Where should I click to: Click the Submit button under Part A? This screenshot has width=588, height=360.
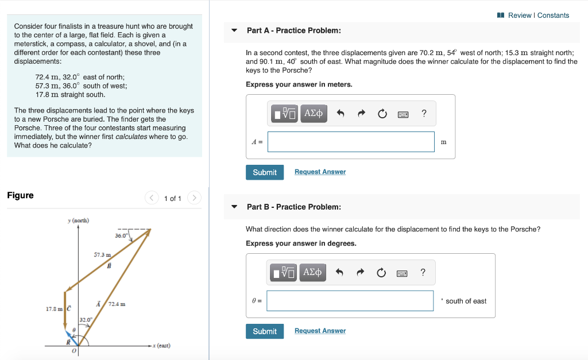(265, 172)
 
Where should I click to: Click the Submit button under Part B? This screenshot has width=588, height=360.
(265, 331)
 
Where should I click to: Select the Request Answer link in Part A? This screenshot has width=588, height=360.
(320, 172)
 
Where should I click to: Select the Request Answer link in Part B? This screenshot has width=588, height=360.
(320, 331)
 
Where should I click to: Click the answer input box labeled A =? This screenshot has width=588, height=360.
(351, 142)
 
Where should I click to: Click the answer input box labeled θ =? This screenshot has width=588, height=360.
(350, 301)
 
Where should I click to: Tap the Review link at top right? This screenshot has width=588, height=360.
(520, 16)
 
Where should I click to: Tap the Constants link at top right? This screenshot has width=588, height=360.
(554, 16)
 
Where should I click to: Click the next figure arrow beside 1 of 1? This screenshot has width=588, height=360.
(195, 198)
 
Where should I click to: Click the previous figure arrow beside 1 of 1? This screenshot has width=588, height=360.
(152, 198)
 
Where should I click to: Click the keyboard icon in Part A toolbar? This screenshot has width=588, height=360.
(403, 114)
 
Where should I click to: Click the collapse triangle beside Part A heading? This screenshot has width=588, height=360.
(234, 30)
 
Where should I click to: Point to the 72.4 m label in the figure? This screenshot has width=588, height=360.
(117, 304)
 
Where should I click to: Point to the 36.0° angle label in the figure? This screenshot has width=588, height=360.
(121, 235)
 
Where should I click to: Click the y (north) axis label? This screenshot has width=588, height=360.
(78, 220)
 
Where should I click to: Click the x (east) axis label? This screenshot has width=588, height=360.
(161, 346)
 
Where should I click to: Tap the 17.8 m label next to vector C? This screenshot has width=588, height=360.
(55, 309)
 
